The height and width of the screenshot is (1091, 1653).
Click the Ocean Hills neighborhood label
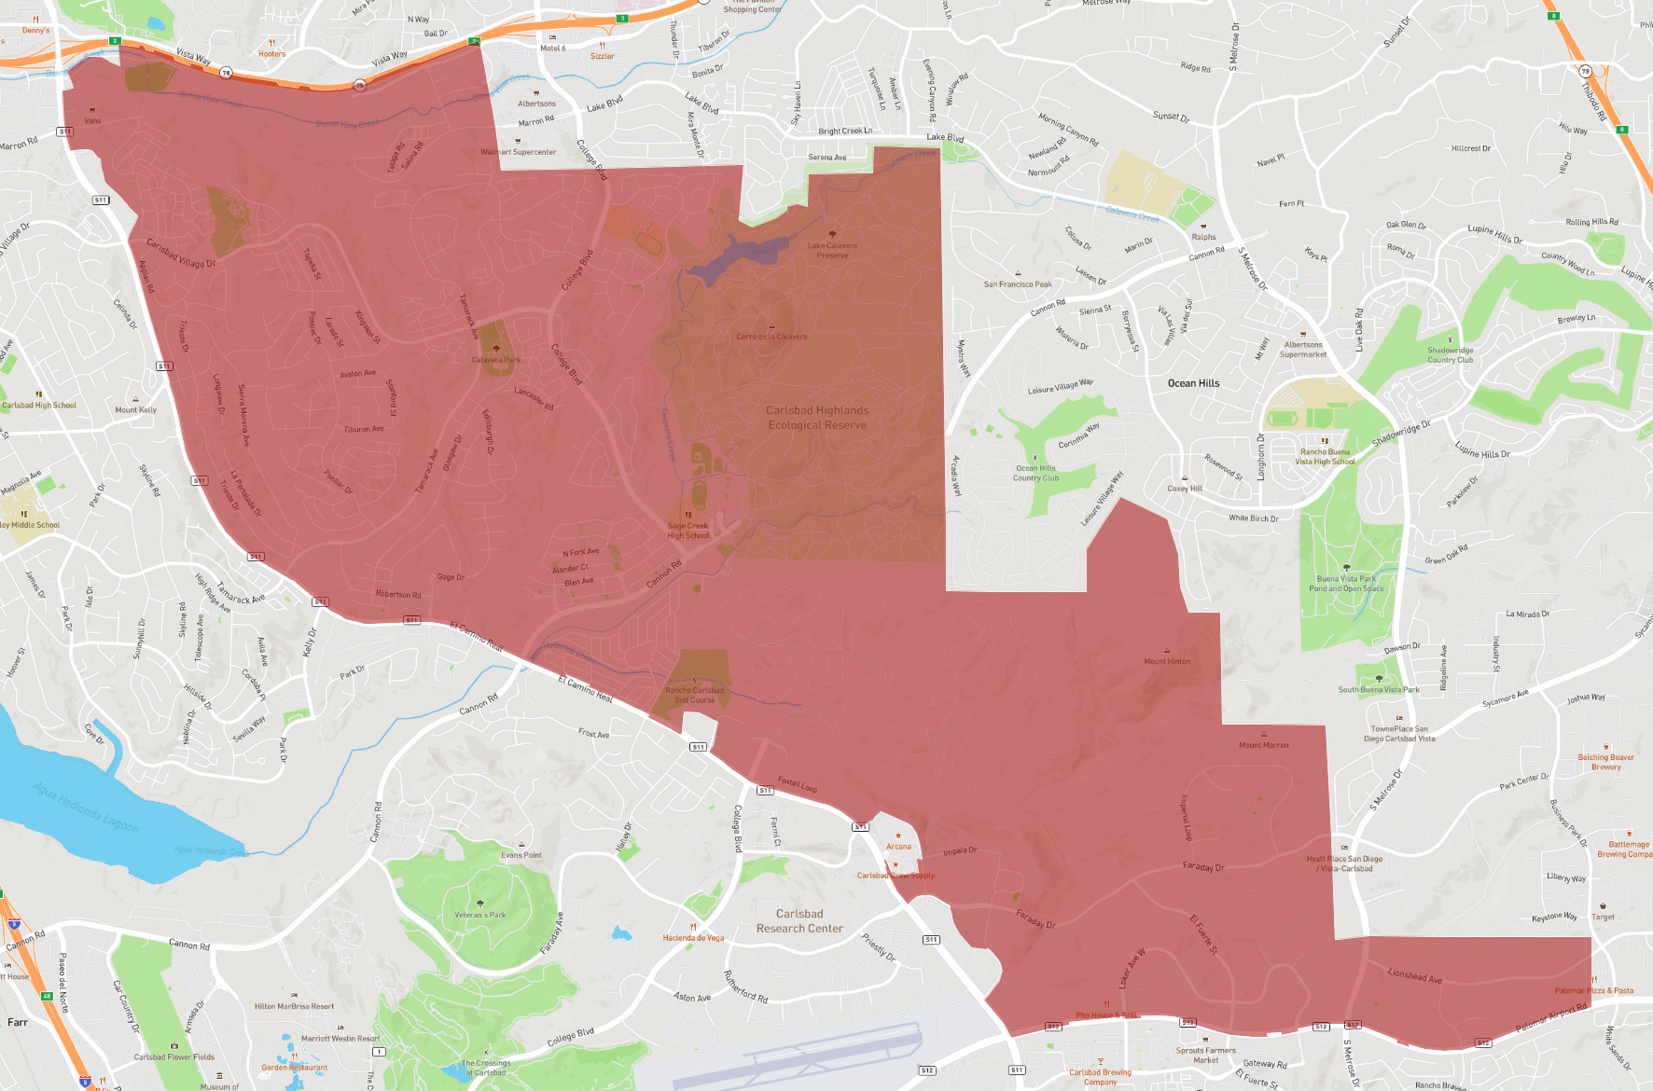coord(1193,383)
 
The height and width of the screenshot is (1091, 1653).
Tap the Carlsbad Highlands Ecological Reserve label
coord(817,418)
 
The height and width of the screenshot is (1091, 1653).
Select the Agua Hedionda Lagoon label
coord(87,807)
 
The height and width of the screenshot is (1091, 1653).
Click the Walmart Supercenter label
coord(518,152)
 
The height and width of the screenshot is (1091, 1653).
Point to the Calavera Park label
coord(496,360)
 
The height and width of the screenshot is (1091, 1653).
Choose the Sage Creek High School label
coord(688,531)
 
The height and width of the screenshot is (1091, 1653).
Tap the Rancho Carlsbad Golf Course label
coord(695,695)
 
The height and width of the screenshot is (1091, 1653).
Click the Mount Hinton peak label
coord(1167,661)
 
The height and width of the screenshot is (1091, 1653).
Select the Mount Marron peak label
coord(1264,745)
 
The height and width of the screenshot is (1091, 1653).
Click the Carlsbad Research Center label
coord(799,921)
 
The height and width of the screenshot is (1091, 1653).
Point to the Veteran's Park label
coord(480,915)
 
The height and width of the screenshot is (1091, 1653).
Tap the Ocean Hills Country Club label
coord(1035,473)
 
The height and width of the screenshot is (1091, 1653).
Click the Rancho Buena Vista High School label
coord(1325,457)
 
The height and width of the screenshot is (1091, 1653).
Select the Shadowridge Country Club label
coord(1450,355)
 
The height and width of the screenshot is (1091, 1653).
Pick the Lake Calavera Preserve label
coord(832,250)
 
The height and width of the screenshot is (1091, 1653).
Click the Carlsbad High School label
coord(39,405)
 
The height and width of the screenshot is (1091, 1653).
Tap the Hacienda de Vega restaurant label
coord(693,938)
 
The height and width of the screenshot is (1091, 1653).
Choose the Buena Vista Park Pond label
coord(1346,583)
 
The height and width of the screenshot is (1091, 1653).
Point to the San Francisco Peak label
coord(1018,284)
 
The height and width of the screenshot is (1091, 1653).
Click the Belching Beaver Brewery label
coord(1605,762)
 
